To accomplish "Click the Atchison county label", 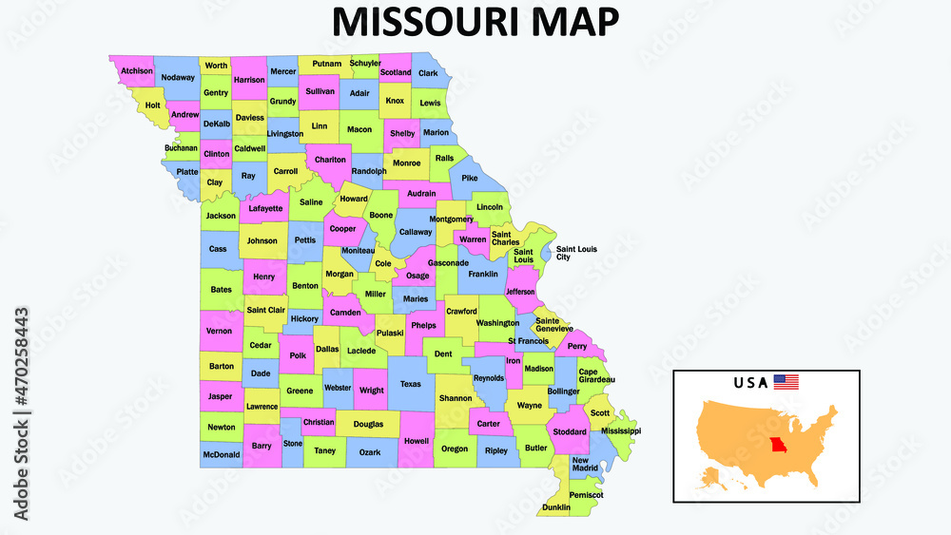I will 137,70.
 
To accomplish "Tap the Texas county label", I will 410,384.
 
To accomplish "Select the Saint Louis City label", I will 576,253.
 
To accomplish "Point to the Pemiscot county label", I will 587,495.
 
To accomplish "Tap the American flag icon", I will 786,382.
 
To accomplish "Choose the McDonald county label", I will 220,455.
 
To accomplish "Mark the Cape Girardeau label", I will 596,375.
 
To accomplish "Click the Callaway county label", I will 416,231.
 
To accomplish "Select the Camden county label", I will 344,313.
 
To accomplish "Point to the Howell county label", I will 417,441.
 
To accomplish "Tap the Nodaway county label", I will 178,77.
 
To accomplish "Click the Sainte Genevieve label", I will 553,324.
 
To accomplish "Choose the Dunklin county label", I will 555,507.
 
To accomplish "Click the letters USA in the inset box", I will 749,383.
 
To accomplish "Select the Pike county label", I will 470,178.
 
